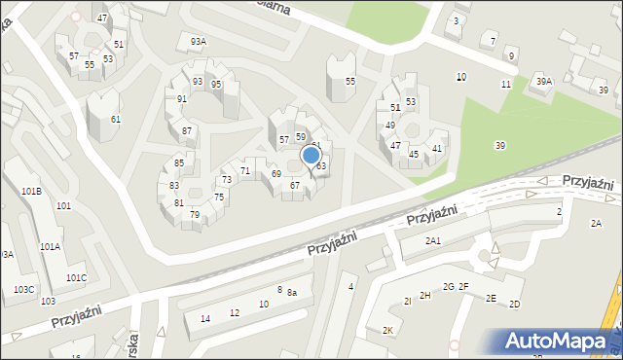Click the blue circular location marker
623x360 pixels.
(x=311, y=155)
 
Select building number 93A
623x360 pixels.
(x=199, y=42)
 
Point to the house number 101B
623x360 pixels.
(x=31, y=191)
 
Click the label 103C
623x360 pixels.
(x=24, y=290)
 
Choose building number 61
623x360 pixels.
(x=116, y=119)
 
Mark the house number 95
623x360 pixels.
(x=216, y=85)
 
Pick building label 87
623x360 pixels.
(x=186, y=130)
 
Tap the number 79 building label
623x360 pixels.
(x=195, y=214)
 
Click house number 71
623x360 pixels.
(x=245, y=171)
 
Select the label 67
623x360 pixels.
(x=295, y=185)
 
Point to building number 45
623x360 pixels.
(x=414, y=154)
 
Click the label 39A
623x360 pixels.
(x=543, y=83)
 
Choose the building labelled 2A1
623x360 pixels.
(x=433, y=240)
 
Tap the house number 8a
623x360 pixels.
(x=291, y=293)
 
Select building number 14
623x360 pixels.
(x=205, y=318)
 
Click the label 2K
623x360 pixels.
(x=387, y=331)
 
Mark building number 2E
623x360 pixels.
(x=492, y=298)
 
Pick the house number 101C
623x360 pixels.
(x=76, y=278)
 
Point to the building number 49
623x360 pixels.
(x=389, y=126)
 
